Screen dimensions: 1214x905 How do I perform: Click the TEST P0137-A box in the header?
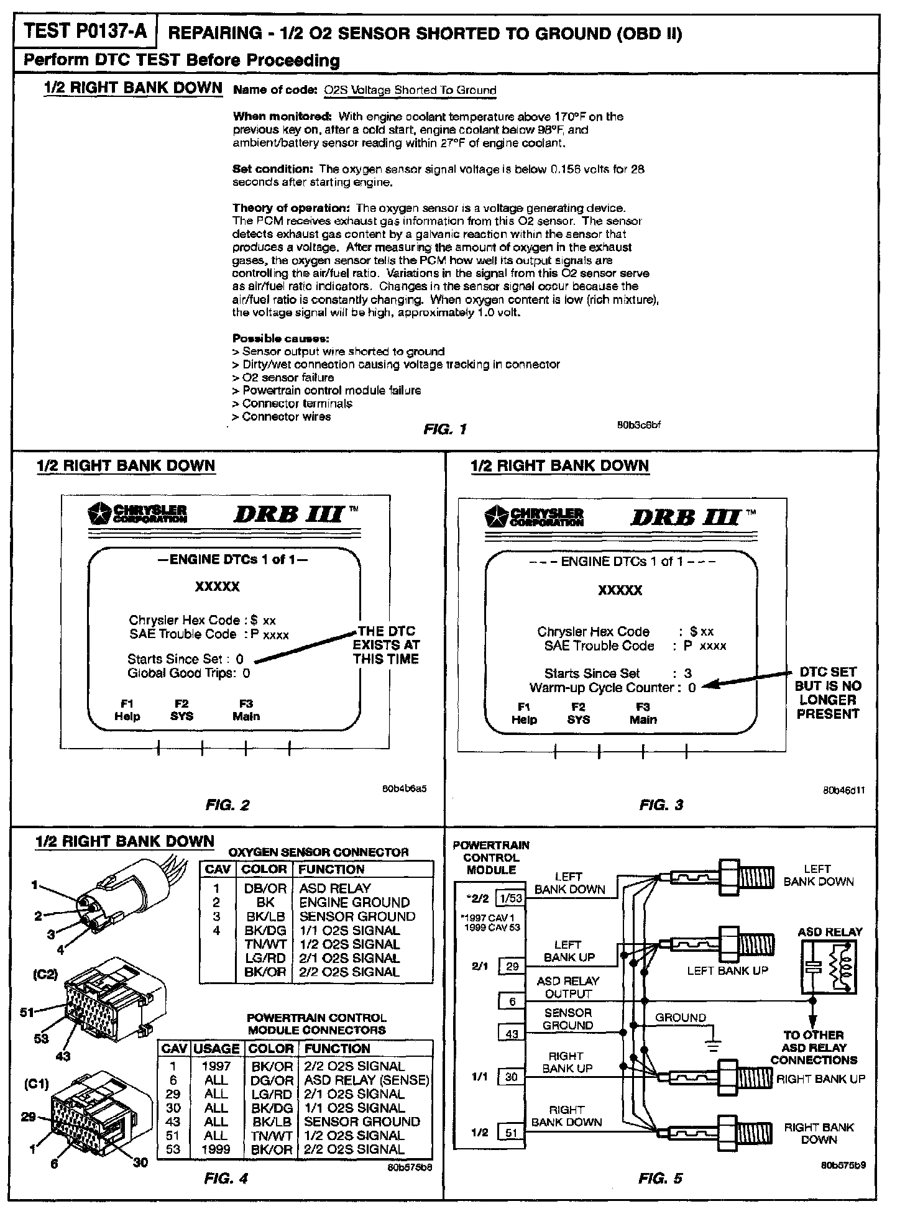point(86,31)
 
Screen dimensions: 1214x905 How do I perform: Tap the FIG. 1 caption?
point(444,429)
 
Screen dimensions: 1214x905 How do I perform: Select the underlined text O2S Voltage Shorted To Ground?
point(410,90)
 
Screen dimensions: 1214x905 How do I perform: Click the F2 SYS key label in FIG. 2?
point(181,710)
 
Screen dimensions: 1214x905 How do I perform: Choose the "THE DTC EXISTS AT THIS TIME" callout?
point(386,645)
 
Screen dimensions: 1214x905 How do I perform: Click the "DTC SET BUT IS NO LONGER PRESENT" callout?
point(828,693)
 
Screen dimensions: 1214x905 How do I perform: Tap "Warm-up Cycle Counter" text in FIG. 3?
point(602,688)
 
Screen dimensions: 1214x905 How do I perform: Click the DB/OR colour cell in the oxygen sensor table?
point(264,888)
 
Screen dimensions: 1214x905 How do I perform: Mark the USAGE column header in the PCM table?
point(216,1048)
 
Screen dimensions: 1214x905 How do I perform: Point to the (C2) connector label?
point(45,974)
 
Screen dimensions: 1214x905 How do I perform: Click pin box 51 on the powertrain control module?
point(511,1133)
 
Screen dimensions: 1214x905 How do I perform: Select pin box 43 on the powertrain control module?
point(511,1034)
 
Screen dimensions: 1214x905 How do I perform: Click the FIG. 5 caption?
point(660,1179)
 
